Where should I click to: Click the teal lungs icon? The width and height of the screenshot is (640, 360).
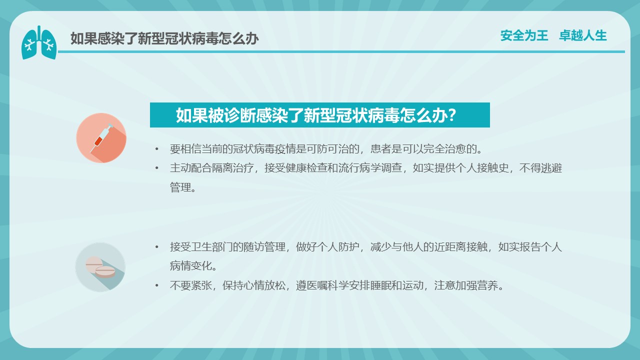click(39, 43)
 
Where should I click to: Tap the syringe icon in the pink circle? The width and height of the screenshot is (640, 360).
click(101, 138)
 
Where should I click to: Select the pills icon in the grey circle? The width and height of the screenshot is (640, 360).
click(100, 267)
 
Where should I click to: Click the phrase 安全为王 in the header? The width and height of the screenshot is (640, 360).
click(524, 35)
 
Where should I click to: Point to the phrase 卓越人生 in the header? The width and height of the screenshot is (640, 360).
click(583, 35)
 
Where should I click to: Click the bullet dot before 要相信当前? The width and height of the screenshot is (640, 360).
click(156, 149)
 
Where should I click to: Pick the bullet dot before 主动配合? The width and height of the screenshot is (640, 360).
click(156, 168)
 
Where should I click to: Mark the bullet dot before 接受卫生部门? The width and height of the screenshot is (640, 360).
click(156, 247)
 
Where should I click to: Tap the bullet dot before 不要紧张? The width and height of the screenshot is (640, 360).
click(156, 285)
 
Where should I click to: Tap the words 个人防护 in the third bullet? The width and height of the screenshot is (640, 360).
click(338, 247)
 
